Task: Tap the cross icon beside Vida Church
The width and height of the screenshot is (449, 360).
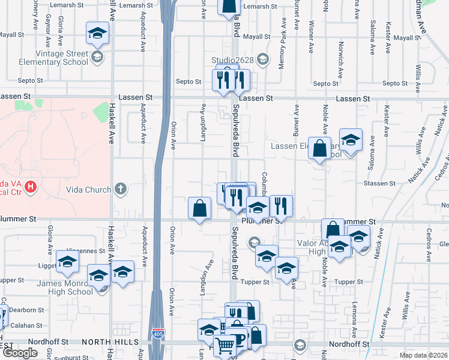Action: [x=120, y=190]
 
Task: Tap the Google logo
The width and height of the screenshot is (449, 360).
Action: [x=20, y=353]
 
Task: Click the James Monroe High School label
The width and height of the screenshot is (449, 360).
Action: [x=65, y=288]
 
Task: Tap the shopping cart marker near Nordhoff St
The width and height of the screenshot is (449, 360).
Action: [x=224, y=346]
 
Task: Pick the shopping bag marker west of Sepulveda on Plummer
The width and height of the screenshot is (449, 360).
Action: [x=199, y=209]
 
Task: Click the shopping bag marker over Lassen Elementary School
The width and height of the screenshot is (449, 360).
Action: [x=320, y=148]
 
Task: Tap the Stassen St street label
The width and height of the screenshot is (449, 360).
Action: [x=378, y=183]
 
